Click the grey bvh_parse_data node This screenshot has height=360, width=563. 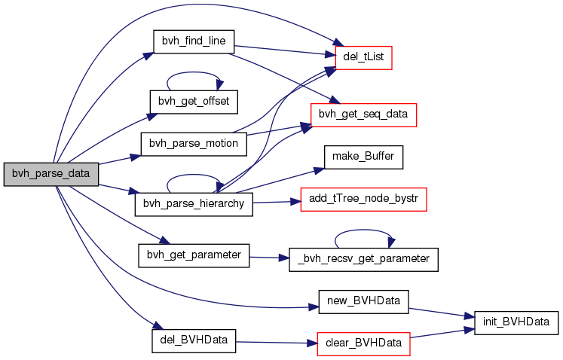click(x=51, y=174)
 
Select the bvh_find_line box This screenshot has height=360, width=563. click(x=194, y=41)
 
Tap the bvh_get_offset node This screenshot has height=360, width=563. click(x=194, y=100)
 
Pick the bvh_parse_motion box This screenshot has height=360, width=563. click(x=194, y=143)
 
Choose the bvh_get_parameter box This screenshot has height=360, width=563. click(x=193, y=255)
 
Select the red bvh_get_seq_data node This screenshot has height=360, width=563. click(x=364, y=114)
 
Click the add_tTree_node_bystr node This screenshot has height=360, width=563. click(x=364, y=200)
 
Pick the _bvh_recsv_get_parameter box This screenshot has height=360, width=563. click(x=364, y=259)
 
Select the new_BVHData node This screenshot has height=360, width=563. click(x=364, y=301)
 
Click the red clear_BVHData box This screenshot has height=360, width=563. click(x=364, y=343)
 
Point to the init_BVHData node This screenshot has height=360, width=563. click(x=516, y=322)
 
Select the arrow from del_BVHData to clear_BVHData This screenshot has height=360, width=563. click(x=275, y=343)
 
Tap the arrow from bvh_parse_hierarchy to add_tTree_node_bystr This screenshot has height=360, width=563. click(x=277, y=202)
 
